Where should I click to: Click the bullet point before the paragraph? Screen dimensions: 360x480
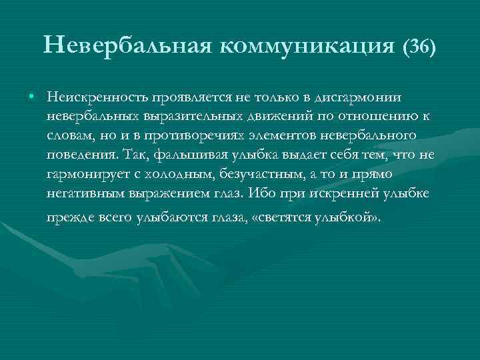[x=32, y=98]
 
